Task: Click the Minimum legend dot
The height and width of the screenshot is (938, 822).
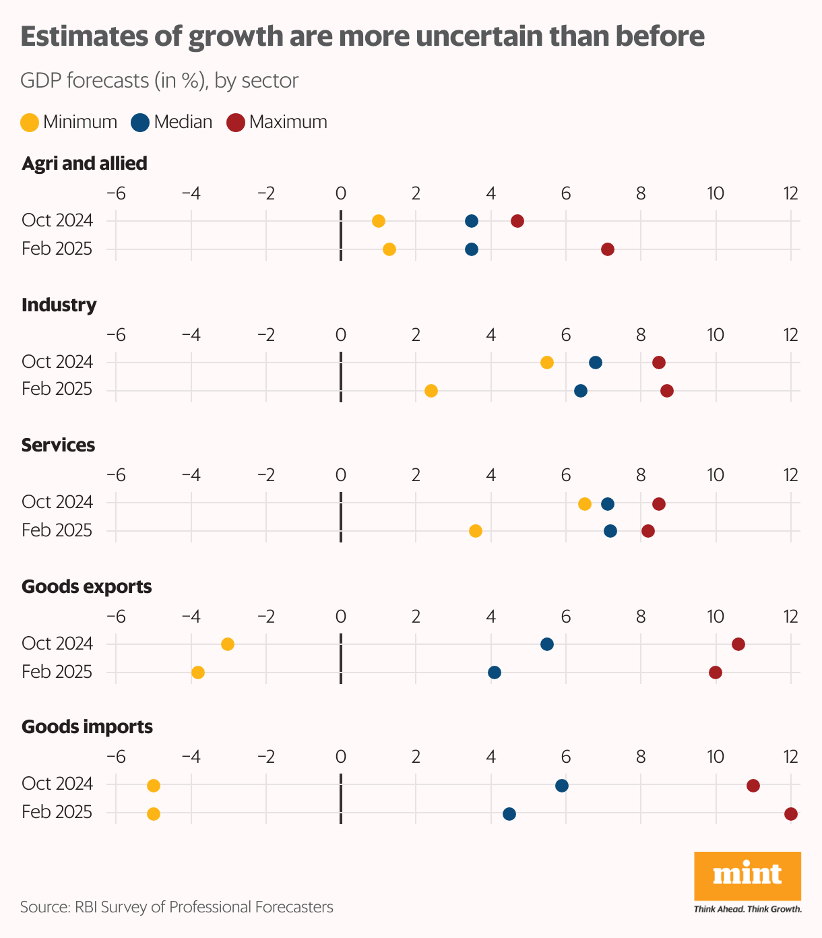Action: click(30, 123)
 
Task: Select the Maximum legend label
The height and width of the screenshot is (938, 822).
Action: click(288, 122)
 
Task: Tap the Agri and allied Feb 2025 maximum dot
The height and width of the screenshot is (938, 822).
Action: click(608, 249)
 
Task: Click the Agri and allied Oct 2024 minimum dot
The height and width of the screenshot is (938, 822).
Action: click(379, 221)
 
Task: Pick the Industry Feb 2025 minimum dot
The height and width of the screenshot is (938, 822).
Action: click(431, 391)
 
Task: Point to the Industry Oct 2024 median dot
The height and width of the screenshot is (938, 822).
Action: click(596, 363)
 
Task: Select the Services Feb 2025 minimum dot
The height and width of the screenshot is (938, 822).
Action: click(476, 531)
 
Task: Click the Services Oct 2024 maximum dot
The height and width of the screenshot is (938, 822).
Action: click(659, 504)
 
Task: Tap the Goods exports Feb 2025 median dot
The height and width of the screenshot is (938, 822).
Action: click(495, 673)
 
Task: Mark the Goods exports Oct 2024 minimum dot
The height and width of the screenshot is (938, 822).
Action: click(228, 644)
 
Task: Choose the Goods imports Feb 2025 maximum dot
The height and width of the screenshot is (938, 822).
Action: click(791, 814)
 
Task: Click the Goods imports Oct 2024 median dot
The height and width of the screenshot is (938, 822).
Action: click(562, 786)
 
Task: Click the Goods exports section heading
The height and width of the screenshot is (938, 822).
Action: click(86, 587)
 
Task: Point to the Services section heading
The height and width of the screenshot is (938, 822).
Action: click(58, 445)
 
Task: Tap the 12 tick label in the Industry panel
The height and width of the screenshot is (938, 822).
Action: click(790, 335)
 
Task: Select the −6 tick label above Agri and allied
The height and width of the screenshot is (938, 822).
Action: click(116, 193)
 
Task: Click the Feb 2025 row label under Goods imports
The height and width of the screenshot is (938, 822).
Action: click(57, 813)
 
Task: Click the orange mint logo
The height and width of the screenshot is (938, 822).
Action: click(747, 876)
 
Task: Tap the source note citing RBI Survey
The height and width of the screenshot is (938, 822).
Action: click(177, 907)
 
